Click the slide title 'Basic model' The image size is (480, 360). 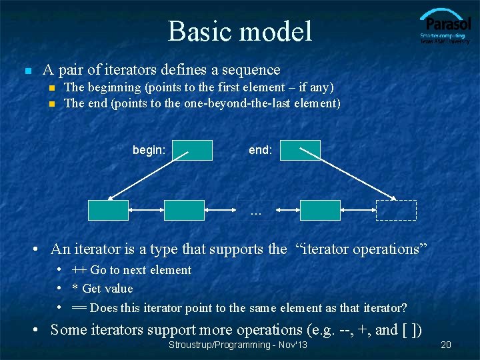pos(239,31)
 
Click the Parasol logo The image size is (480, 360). pos(445,27)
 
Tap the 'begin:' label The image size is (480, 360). pos(149,151)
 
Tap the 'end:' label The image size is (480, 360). pos(260,151)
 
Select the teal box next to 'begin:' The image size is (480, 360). pos(193,151)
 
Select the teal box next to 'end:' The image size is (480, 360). pos(300,151)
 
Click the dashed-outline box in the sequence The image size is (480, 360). pos(396,210)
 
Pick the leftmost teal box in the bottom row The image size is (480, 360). pos(108,210)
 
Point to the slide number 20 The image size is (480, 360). pos(447,345)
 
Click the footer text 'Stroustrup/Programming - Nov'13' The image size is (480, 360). pos(238,345)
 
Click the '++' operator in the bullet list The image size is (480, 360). pos(79,270)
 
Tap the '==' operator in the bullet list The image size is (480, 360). pos(79,308)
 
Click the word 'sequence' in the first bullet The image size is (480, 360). pos(252,69)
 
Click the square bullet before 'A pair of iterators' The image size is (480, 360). pos(27,70)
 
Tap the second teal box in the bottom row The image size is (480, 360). pos(184,210)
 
